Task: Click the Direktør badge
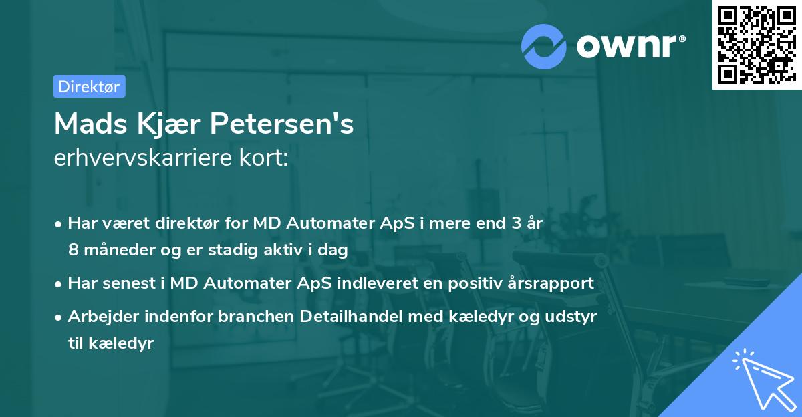[89, 86]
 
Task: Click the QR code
[757, 45]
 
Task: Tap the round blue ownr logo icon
[544, 46]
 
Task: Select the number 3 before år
[515, 224]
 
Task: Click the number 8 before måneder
[72, 250]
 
